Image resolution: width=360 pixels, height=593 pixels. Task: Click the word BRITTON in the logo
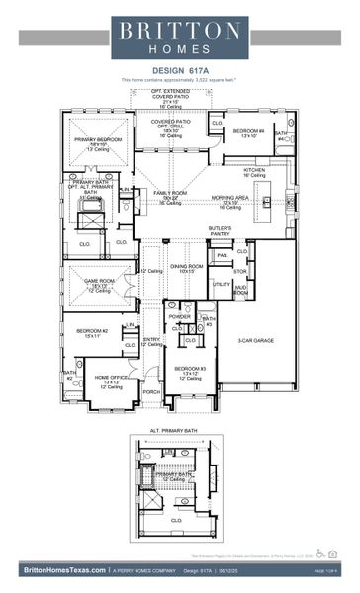tap(179, 32)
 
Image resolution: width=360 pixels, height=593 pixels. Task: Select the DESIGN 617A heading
tap(179, 70)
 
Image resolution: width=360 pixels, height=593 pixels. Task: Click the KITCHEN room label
tap(255, 170)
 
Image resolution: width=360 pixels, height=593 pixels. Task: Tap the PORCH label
tap(151, 391)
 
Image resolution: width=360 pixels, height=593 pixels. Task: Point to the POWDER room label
tap(180, 316)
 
